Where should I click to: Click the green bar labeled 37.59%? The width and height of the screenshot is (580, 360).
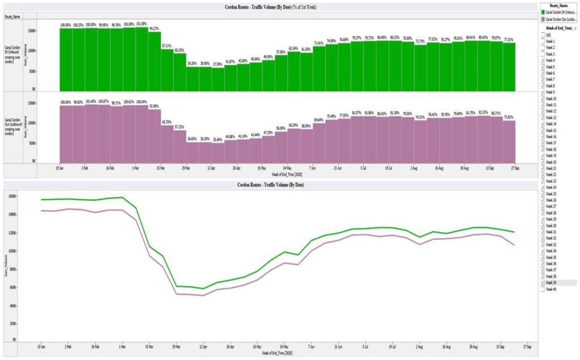[x=217, y=79]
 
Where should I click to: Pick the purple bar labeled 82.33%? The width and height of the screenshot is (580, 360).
[x=483, y=139]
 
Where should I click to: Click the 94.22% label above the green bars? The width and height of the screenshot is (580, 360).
[x=154, y=28]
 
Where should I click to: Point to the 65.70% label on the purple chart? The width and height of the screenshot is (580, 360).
[x=167, y=106]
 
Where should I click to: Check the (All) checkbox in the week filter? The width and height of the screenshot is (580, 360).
[x=544, y=35]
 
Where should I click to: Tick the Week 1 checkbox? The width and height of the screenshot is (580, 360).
[x=544, y=41]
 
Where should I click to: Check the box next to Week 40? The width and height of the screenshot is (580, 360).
[x=544, y=289]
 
